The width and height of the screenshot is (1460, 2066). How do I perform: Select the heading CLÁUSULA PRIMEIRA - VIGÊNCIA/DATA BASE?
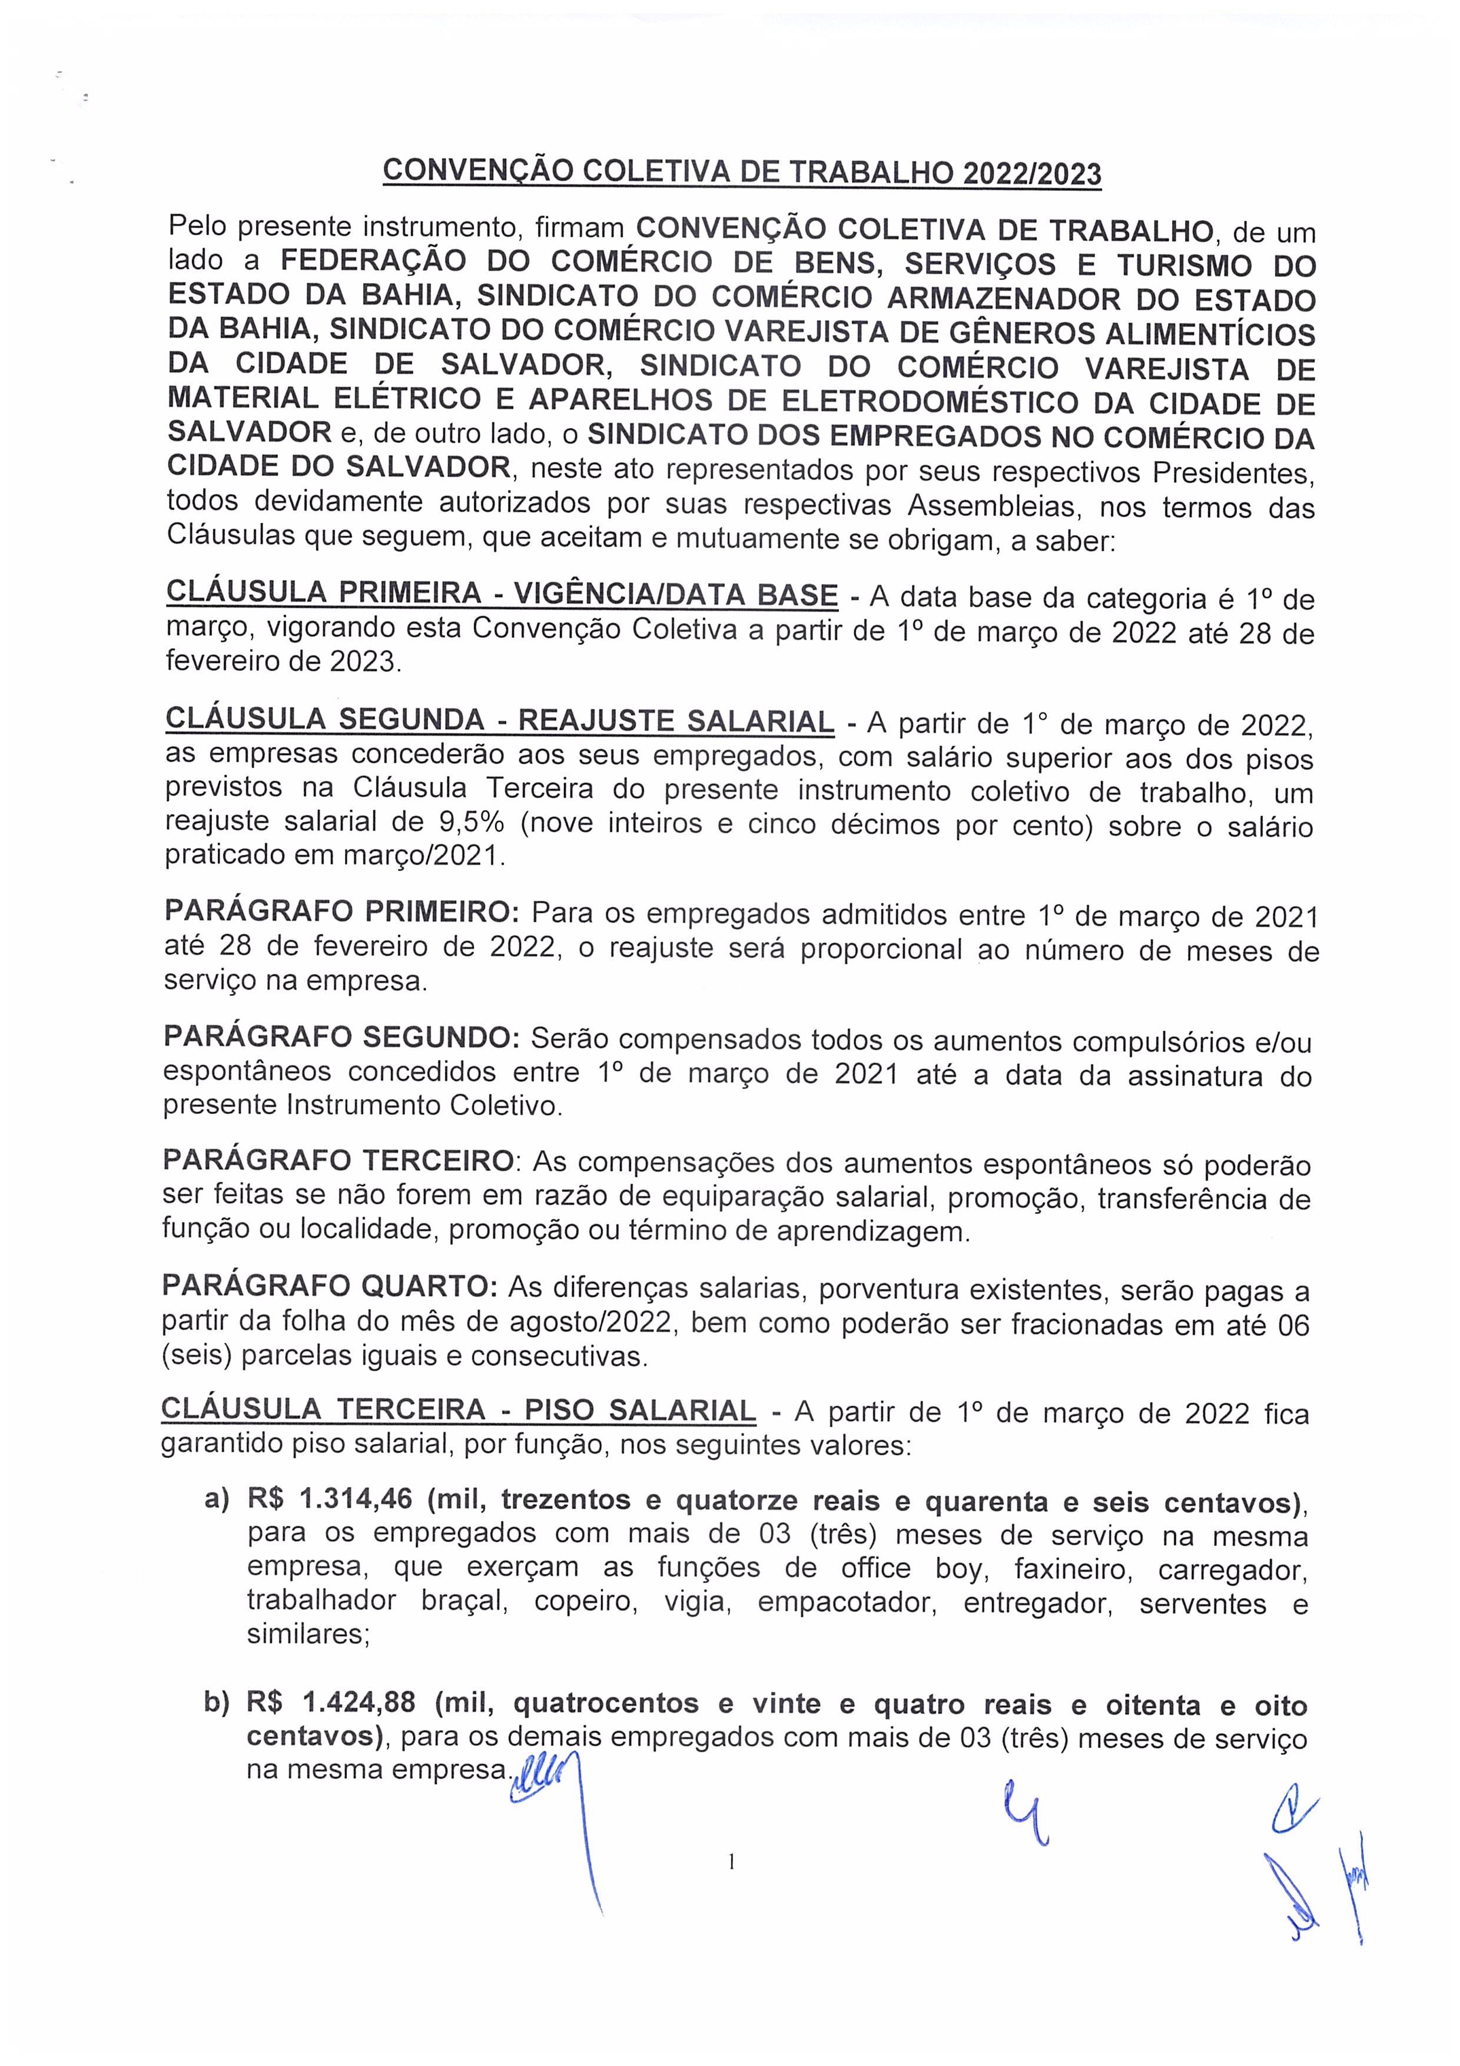pos(502,594)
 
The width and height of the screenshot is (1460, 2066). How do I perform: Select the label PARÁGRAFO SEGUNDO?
pos(341,1038)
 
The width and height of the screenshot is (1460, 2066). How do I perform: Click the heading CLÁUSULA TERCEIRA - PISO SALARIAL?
pos(458,1410)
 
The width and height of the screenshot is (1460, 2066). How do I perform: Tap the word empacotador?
pos(845,1603)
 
